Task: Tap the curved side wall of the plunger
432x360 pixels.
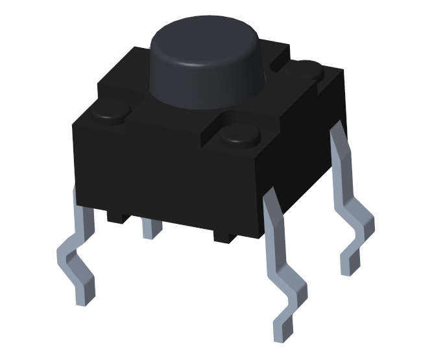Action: [x=208, y=84]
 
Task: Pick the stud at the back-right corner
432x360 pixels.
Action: [x=309, y=67]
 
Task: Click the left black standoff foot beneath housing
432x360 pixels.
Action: [x=117, y=217]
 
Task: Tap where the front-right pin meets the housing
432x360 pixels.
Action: [x=271, y=198]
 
